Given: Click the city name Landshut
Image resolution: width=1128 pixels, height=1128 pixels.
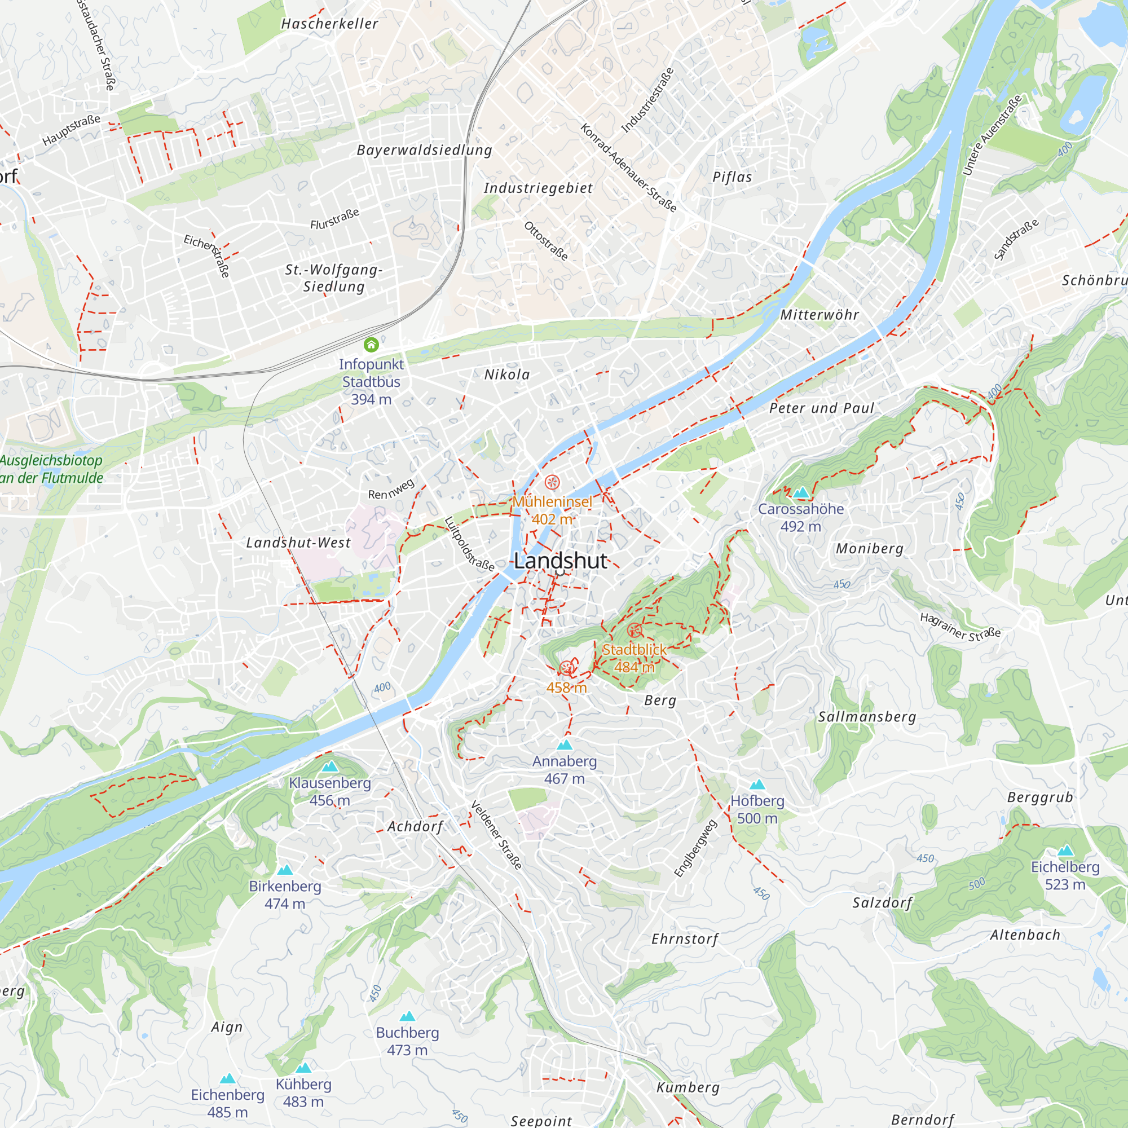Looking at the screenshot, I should coord(560,561).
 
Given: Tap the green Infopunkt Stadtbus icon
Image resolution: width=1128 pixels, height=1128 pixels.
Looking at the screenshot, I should coord(371,345).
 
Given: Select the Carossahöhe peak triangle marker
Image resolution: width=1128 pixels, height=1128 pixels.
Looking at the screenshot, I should coord(801,492).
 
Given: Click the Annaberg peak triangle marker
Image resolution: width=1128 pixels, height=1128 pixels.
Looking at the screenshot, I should coord(565,744).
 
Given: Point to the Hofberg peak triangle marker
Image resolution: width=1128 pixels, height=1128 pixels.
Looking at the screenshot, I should coord(757,784).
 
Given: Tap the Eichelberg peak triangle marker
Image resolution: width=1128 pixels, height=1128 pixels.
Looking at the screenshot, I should coord(1065,850).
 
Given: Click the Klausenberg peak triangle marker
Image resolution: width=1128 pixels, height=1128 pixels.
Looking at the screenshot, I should coord(330,766).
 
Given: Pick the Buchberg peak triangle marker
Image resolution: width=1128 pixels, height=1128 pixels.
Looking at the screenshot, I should coord(408,1016).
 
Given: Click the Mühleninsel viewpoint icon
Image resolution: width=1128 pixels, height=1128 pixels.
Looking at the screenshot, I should coord(552,482).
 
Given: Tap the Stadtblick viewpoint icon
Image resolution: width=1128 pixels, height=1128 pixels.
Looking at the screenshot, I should coord(634,631).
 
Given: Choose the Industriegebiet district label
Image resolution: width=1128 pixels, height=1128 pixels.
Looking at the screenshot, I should coord(537,188).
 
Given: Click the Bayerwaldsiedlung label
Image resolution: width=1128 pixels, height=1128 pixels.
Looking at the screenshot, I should coord(425,150).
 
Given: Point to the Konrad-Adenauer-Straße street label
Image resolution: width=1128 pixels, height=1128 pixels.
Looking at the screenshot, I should coord(629,168).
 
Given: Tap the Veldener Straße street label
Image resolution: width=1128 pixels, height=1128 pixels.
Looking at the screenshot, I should coord(496,834).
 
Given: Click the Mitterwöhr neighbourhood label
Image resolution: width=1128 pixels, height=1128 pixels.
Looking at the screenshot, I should coord(819,315).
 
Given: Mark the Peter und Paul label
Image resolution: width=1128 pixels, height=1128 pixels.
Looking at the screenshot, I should coord(822,408).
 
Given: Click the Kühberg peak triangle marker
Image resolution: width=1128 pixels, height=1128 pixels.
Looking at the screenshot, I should coord(303,1068).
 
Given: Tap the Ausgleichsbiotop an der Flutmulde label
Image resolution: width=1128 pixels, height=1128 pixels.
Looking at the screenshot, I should coord(51,469).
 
